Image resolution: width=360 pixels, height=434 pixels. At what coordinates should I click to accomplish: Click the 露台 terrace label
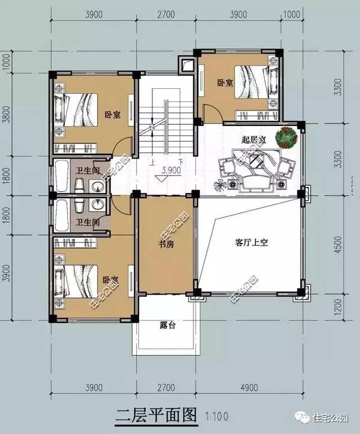tap(167, 325)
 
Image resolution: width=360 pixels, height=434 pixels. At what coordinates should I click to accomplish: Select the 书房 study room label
tap(165, 245)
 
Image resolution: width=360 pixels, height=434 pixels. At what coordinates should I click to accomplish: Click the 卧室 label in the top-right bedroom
tap(225, 83)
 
